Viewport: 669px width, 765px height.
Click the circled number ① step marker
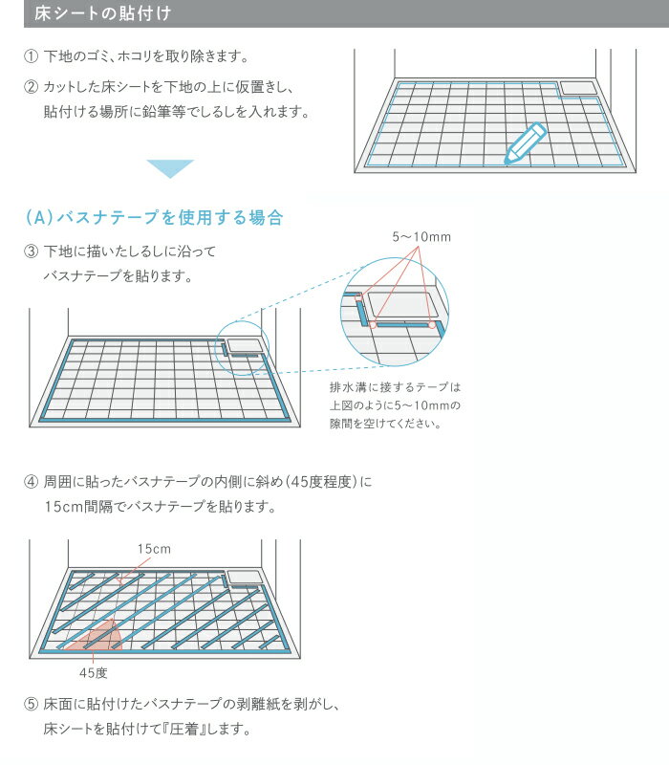31,57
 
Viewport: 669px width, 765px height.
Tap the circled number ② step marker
31,87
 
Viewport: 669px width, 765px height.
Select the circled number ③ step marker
31,251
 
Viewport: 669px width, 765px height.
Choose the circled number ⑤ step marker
31,704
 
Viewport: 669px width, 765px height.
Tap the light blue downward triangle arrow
169,168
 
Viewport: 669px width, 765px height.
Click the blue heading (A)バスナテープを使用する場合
154,218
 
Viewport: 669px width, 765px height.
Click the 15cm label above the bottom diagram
153,549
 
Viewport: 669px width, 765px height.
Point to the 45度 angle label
93,672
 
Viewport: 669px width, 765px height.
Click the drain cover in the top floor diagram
576,88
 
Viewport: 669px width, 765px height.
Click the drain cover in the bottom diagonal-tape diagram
245,577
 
